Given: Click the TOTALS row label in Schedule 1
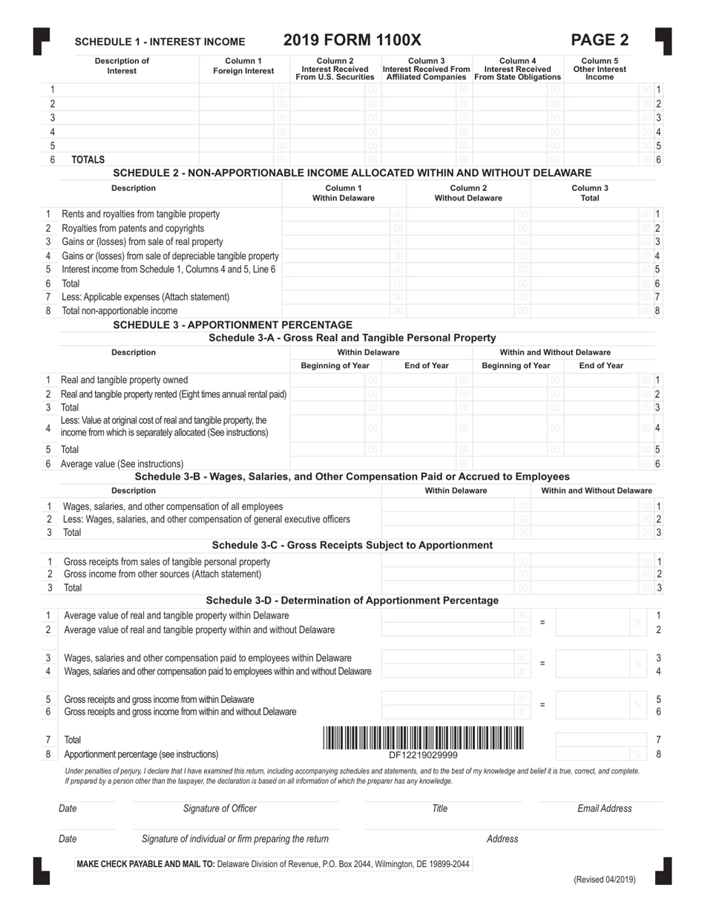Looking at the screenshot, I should pos(88,160).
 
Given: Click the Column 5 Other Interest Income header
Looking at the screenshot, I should pos(605,68).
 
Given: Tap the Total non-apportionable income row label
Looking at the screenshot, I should pos(119,310).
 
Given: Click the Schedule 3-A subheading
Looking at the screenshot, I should pos(352,338).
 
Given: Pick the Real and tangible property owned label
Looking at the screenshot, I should pos(124,379).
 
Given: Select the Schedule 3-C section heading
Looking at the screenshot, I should pos(352,546).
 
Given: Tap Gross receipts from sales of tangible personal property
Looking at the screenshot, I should pos(167,561).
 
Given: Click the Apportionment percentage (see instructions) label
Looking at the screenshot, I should pos(141,754).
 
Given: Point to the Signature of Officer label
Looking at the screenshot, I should pos(220,808).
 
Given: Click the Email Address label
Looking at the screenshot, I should pos(605,808).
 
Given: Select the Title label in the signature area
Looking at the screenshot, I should pos(439,808).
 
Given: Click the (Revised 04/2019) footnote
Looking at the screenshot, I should pos(604,880).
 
